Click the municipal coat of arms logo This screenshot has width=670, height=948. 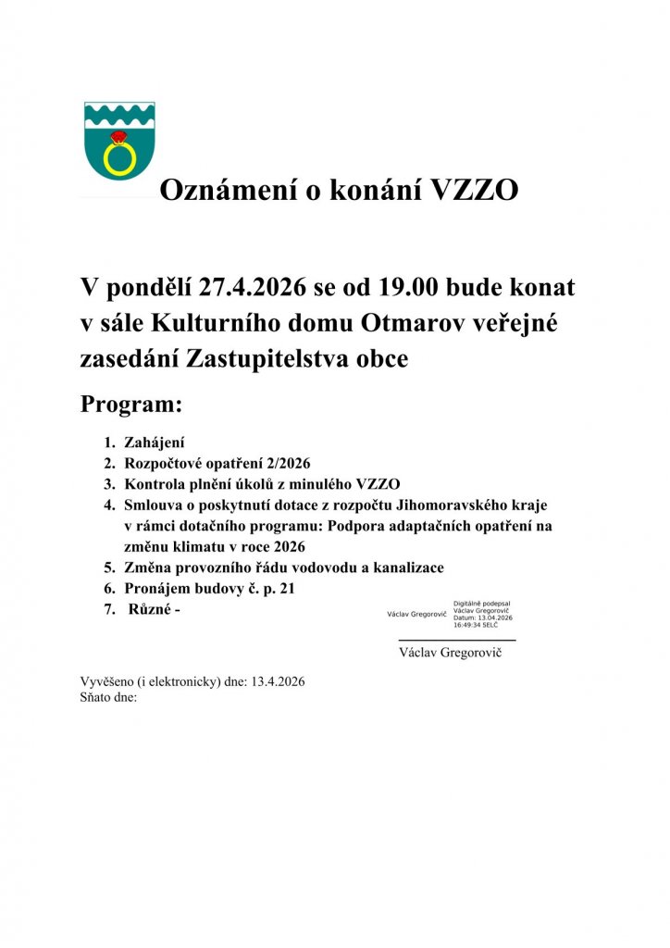pyautogui.click(x=119, y=140)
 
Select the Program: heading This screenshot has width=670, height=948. pyautogui.click(x=131, y=405)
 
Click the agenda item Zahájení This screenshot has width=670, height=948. pyautogui.click(x=155, y=443)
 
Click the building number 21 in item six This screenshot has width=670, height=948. pyautogui.click(x=285, y=588)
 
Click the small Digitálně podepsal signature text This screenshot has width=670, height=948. pyautogui.click(x=482, y=604)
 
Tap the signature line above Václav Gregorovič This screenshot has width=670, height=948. pyautogui.click(x=457, y=640)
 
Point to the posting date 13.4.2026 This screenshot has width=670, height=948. pyautogui.click(x=277, y=682)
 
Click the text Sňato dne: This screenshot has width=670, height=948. pyautogui.click(x=109, y=697)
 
